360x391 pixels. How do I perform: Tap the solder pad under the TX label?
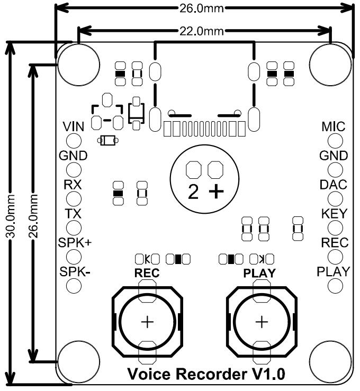click(73, 228)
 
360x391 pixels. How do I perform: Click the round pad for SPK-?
click(73, 286)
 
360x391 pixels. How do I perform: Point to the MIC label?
click(334, 127)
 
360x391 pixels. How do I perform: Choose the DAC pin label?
click(334, 185)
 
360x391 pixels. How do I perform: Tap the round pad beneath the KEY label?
click(335, 228)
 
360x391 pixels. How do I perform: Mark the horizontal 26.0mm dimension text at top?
click(204, 8)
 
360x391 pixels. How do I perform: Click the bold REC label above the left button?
click(147, 274)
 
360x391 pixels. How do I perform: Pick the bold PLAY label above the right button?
click(259, 274)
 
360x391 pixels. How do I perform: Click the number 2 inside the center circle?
click(194, 192)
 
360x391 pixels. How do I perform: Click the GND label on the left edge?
click(73, 156)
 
